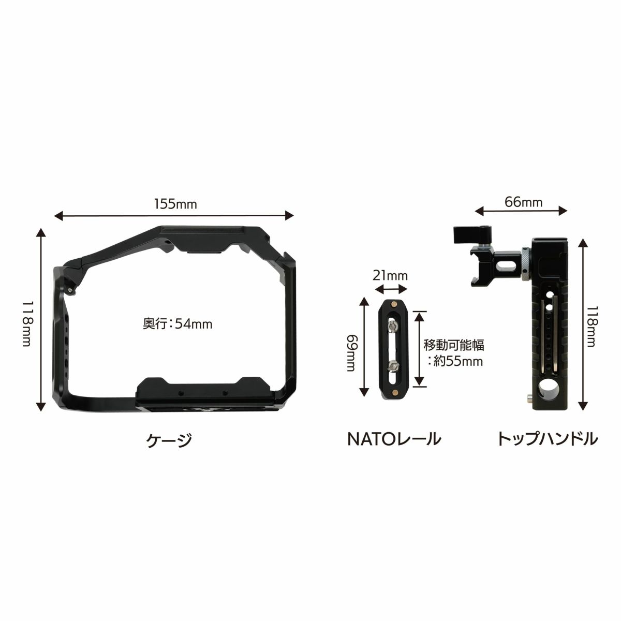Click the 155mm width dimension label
(x=175, y=204)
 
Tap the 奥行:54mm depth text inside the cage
(x=178, y=324)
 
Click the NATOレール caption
(x=394, y=439)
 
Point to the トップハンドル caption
(x=547, y=439)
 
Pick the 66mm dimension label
(x=523, y=202)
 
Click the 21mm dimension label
(x=390, y=275)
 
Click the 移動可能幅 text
(x=454, y=345)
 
